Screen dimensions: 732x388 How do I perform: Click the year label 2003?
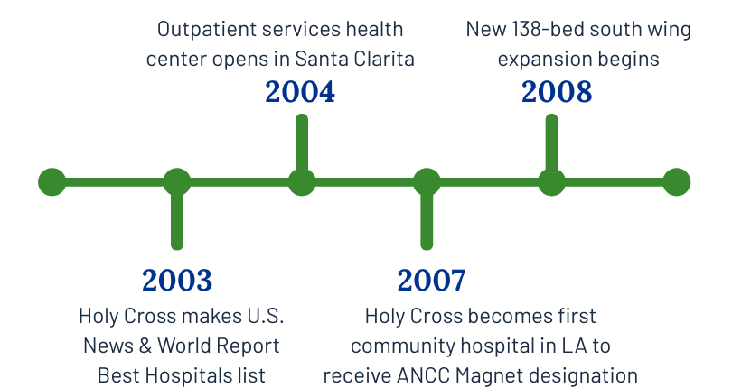point(177,281)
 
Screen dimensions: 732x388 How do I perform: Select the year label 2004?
point(300,92)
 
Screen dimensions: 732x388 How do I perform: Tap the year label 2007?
point(431,281)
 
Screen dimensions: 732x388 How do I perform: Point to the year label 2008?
point(557,92)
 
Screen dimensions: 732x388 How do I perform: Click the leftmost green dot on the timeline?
point(52,182)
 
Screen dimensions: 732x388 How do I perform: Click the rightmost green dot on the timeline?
point(677,182)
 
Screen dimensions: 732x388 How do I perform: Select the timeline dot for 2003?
point(177,182)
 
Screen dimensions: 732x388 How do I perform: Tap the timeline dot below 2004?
point(302,182)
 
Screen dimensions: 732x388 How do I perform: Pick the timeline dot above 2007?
point(427,182)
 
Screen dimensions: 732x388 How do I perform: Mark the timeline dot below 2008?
point(551,182)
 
